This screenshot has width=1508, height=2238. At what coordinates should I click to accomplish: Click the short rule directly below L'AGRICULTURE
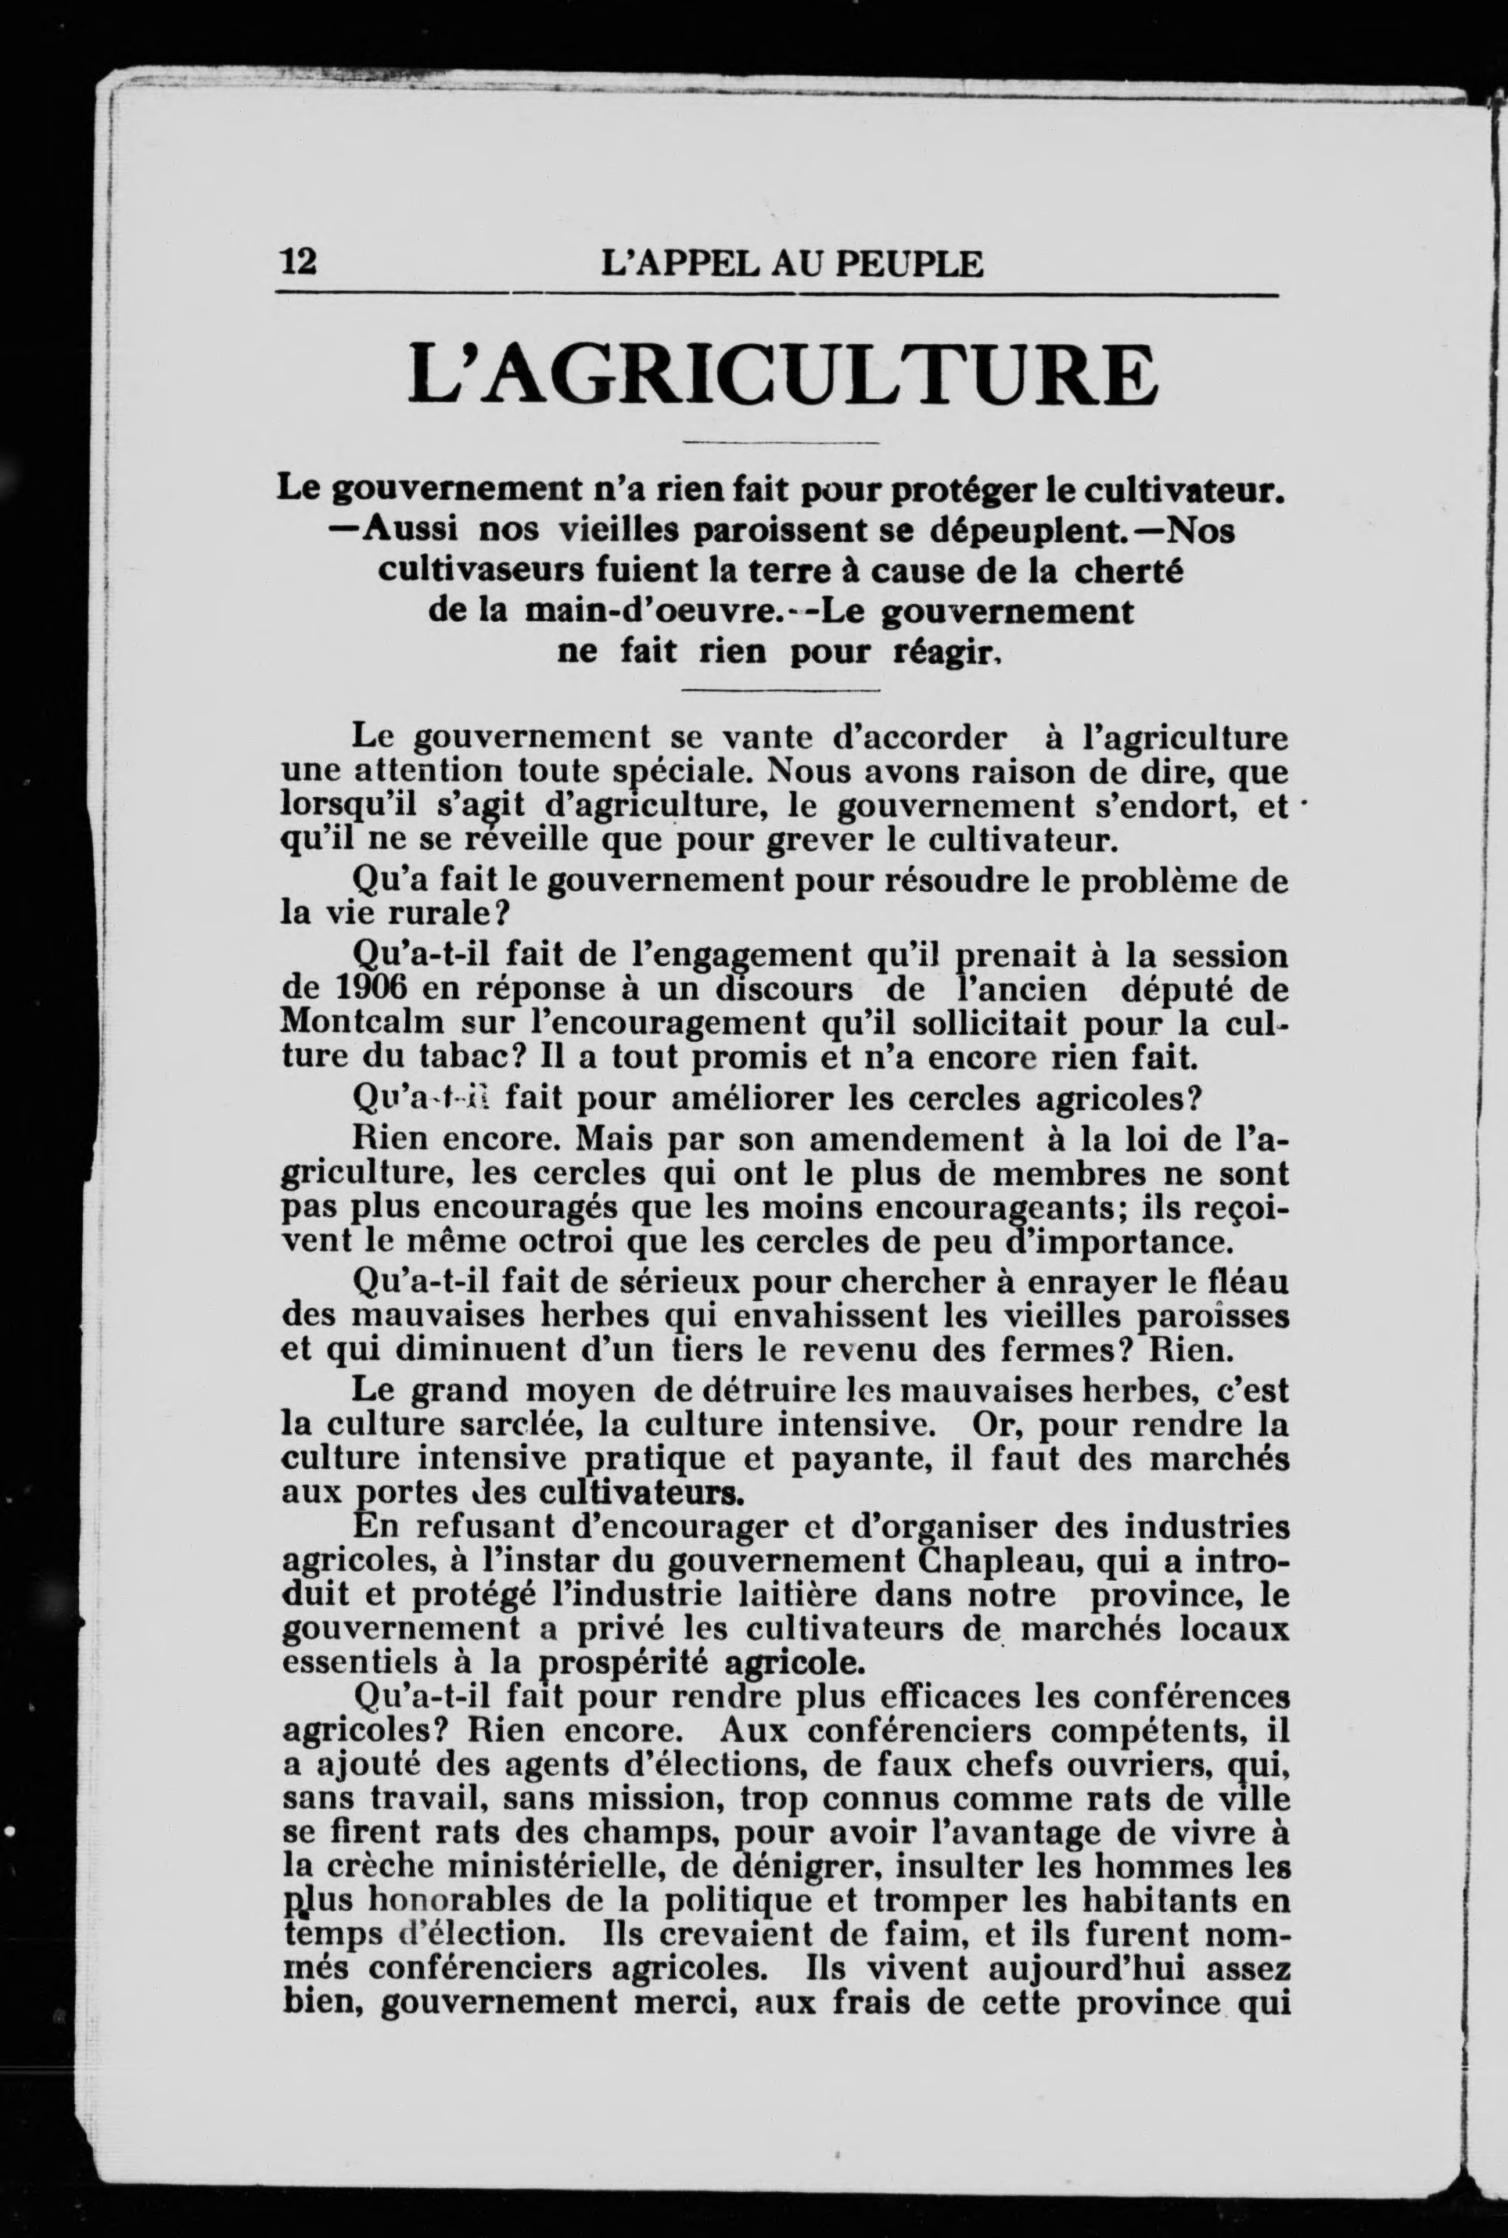coord(781,443)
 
